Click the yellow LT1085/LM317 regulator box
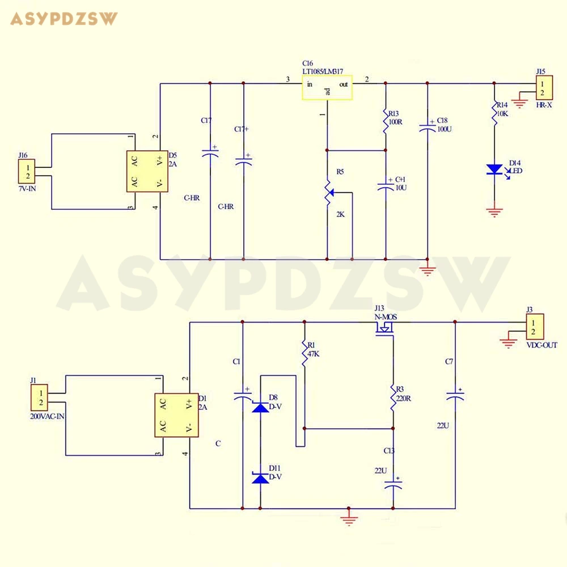[x=327, y=88]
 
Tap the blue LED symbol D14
[x=494, y=170]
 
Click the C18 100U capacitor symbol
[x=427, y=129]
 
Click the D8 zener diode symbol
[x=260, y=407]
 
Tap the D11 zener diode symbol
[x=260, y=478]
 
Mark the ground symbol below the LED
[x=494, y=213]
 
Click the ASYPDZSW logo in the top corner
[x=64, y=19]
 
